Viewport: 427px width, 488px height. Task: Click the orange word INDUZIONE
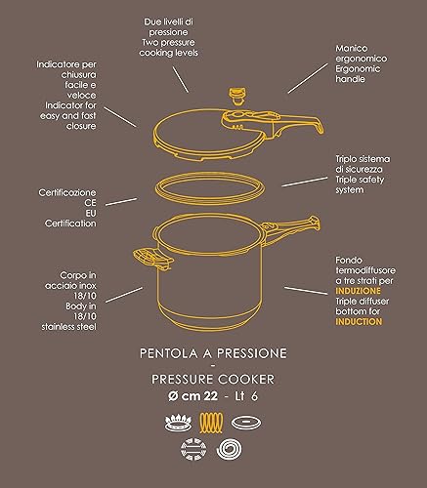click(358, 291)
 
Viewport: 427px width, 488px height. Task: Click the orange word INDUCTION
click(359, 322)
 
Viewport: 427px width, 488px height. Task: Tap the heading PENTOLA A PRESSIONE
click(213, 353)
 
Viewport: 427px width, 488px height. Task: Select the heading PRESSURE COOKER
click(213, 380)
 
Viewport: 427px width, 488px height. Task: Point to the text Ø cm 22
click(192, 396)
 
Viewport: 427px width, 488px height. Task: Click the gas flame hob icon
click(178, 423)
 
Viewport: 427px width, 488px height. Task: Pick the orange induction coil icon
click(211, 423)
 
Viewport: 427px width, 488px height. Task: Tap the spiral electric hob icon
click(229, 449)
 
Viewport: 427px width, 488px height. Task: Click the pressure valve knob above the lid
click(237, 96)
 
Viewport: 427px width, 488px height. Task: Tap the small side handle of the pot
click(152, 258)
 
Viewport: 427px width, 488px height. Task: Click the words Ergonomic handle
click(358, 74)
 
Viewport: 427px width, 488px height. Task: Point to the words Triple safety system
click(360, 184)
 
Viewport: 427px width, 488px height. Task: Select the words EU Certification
click(70, 219)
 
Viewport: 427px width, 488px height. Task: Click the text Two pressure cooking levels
click(168, 48)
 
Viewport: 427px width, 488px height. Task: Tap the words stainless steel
click(68, 327)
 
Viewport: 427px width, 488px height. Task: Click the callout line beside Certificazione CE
click(121, 202)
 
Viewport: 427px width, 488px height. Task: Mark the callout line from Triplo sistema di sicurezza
click(305, 182)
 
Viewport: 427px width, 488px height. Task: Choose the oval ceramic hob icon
click(246, 423)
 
